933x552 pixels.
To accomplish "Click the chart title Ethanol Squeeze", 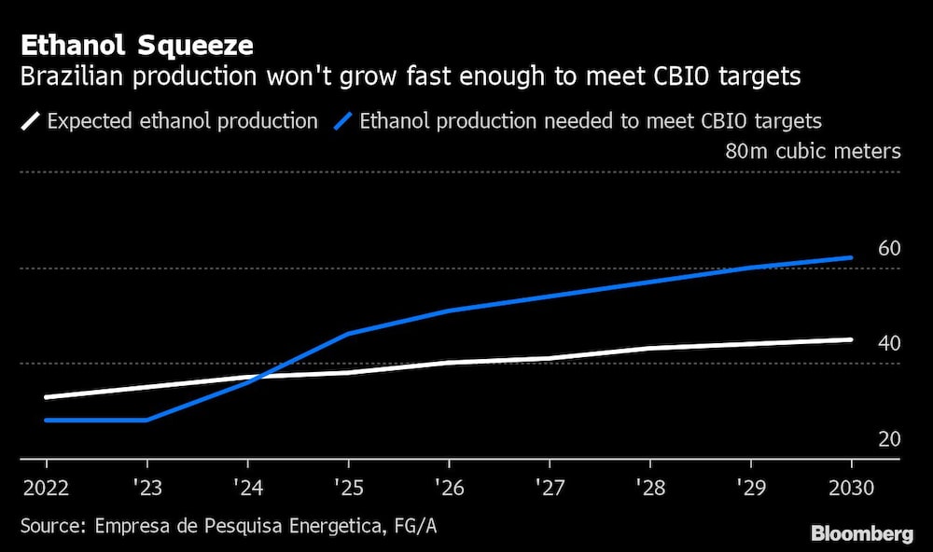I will point(137,45).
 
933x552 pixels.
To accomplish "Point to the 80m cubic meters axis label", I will point(813,151).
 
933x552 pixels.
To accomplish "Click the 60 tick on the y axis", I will point(889,249).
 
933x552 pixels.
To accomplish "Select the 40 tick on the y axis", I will point(889,343).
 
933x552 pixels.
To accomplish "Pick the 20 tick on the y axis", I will point(889,438).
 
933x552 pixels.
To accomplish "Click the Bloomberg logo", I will point(862,534).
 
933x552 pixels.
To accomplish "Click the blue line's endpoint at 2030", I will point(851,257).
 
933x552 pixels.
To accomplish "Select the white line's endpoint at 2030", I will point(851,339).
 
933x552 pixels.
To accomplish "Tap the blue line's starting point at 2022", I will point(47,420).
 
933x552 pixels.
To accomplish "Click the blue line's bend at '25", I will point(348,333).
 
